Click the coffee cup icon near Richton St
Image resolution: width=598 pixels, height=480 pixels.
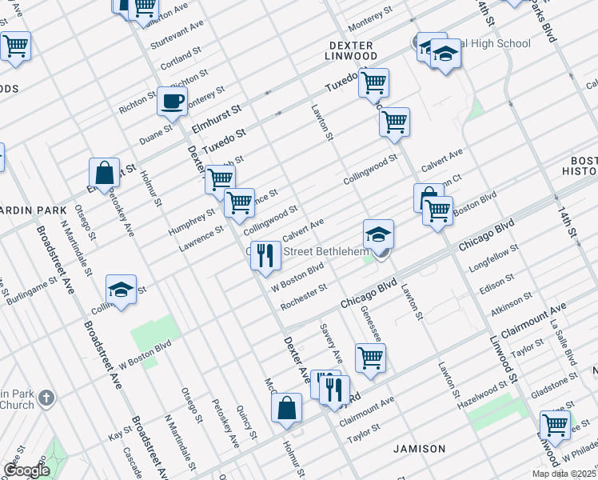coord(173,102)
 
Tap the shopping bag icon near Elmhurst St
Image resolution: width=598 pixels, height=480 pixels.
coord(105,173)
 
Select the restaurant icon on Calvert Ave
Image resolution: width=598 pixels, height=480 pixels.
coord(265,256)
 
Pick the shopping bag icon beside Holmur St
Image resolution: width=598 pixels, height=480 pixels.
coord(286,408)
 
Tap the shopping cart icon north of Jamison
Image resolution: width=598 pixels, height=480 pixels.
coord(369,358)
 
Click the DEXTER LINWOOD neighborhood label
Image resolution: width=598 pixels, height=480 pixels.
coord(351,50)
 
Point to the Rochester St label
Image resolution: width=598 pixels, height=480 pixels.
coord(304,296)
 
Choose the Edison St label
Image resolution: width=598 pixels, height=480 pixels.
coord(498,282)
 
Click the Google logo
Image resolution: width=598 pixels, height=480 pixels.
coord(26,470)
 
